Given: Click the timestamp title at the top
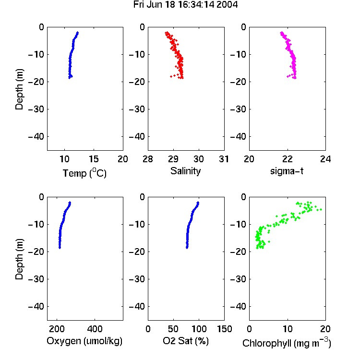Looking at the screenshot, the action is coord(185,5).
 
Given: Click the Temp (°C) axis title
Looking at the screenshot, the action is coord(84,173).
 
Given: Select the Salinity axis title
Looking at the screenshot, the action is coord(185,171).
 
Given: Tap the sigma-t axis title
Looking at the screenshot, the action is coord(287,171).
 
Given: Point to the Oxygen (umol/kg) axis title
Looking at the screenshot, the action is coord(84,341).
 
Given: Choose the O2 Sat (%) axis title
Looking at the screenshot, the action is coord(185,341).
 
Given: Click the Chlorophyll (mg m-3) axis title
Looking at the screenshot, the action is coord(287,343).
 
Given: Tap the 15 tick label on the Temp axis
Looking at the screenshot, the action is coord(94,159).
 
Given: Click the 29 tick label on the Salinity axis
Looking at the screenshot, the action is coord(173,159).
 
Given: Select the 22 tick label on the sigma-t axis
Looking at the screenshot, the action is coord(288,159).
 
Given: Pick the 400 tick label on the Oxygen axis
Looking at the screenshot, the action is coord(95,329).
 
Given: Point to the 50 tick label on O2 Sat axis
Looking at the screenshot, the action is coord(173,329).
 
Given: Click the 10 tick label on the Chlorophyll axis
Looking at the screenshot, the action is coord(288,329).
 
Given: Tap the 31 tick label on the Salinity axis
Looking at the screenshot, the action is coord(224,159).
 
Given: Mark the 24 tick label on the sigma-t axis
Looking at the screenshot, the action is coord(325,159).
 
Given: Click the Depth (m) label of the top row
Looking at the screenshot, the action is coord(19,89).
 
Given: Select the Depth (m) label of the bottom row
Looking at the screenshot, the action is coord(19,259).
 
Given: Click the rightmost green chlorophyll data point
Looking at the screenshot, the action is coord(321,209).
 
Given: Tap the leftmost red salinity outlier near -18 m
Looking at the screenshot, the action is coord(171,76).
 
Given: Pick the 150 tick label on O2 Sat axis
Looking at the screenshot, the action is coord(224,329).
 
